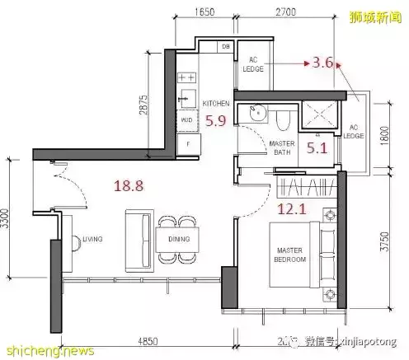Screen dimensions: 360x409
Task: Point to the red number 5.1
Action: pyautogui.click(x=317, y=149)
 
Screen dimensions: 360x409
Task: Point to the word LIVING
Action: pyautogui.click(x=92, y=240)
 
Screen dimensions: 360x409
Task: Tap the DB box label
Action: pyautogui.click(x=226, y=47)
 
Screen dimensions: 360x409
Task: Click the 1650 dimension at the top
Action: pyautogui.click(x=205, y=13)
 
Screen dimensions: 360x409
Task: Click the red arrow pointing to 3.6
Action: pyautogui.click(x=289, y=63)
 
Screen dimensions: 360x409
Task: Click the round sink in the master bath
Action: pyautogui.click(x=253, y=111)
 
